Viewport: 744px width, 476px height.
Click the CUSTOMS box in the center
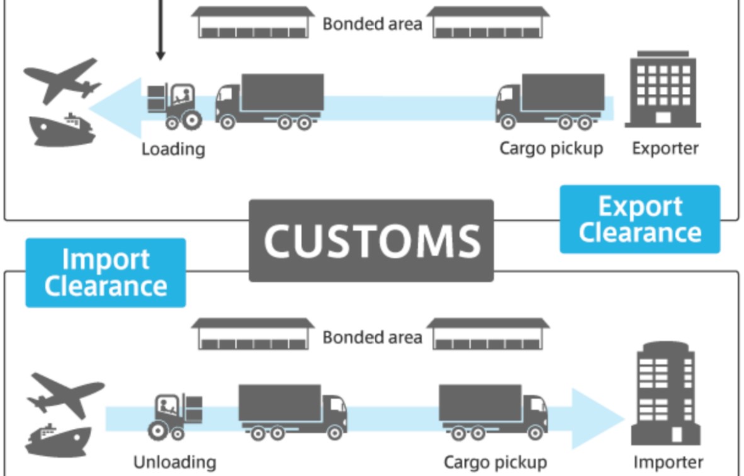click(x=371, y=241)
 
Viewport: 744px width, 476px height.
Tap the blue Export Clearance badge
click(x=640, y=219)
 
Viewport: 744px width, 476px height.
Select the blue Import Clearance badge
click(x=106, y=273)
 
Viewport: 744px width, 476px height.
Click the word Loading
click(x=173, y=149)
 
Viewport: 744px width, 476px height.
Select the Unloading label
click(x=174, y=462)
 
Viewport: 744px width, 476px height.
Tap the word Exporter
click(x=665, y=149)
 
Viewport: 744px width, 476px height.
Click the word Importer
click(x=668, y=462)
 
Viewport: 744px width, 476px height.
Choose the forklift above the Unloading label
click(x=176, y=415)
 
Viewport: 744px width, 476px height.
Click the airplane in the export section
click(x=62, y=81)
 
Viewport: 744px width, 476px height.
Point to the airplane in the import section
click(x=65, y=394)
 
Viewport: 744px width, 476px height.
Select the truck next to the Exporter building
click(x=550, y=101)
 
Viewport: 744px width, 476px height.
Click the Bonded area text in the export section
click(x=372, y=24)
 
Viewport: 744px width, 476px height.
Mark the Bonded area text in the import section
click(x=372, y=337)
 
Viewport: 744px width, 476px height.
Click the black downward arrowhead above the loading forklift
click(x=160, y=55)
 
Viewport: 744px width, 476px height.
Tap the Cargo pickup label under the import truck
click(x=495, y=462)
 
